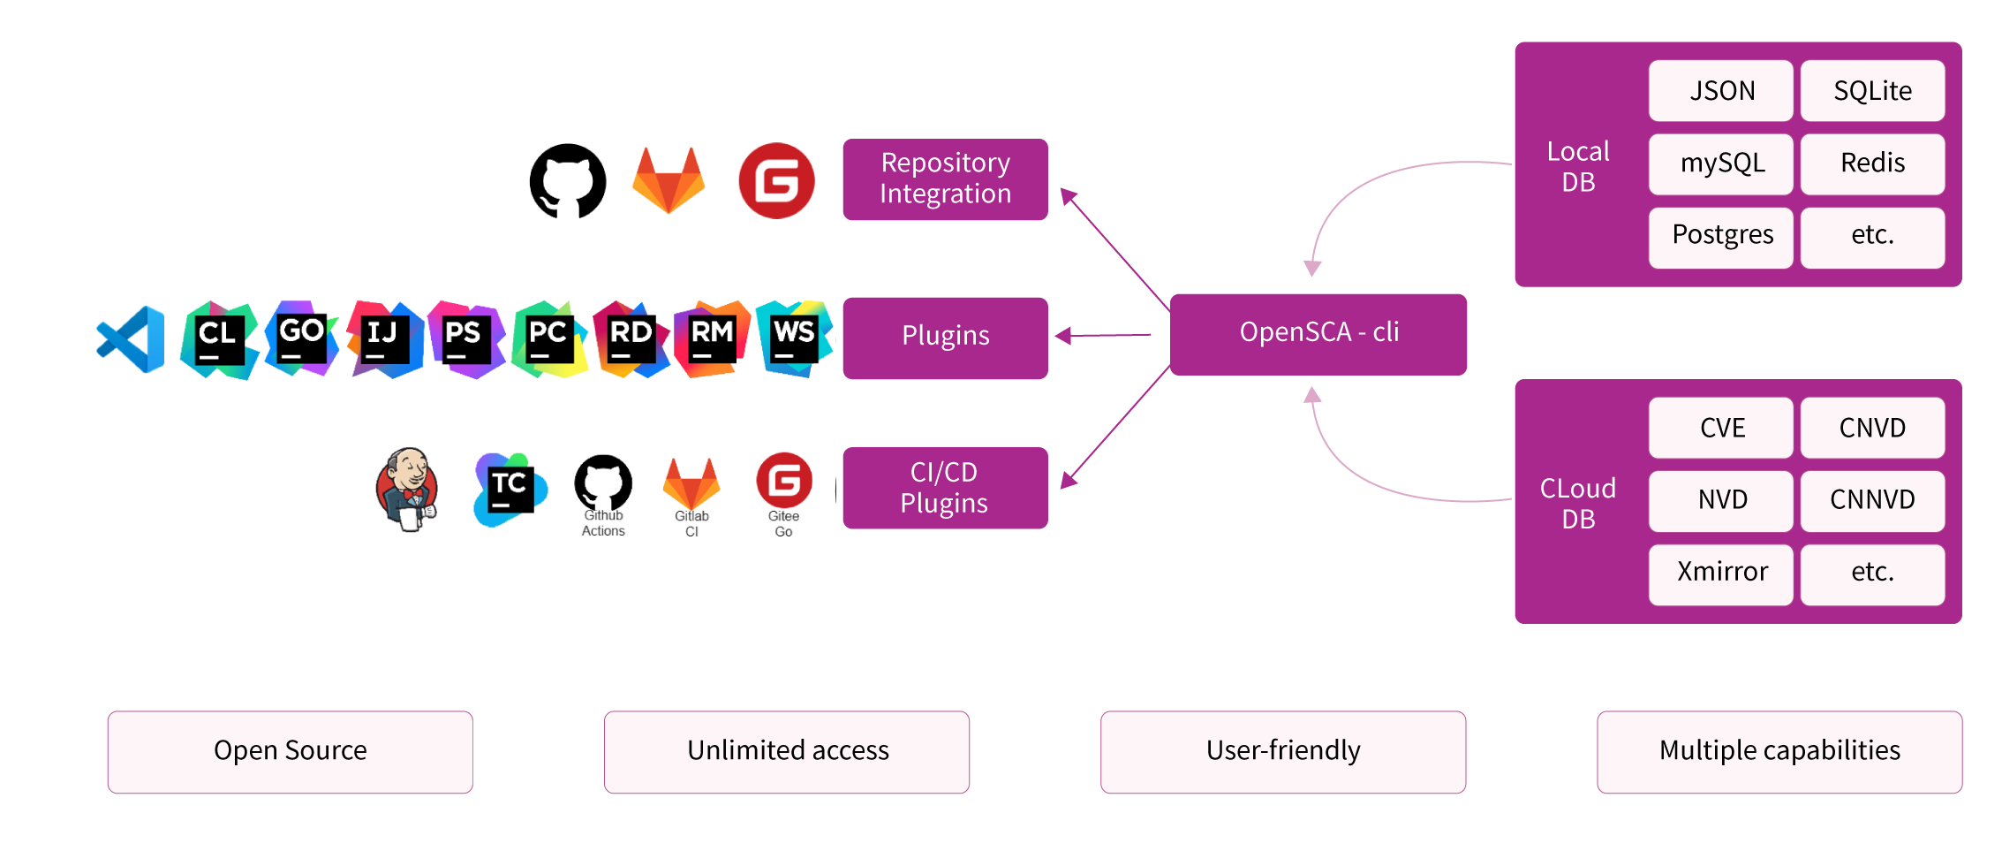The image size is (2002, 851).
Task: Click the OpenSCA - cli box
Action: [1318, 334]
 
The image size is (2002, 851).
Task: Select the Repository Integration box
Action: [945, 179]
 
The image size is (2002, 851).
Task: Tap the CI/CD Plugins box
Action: [945, 488]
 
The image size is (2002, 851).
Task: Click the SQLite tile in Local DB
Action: [1872, 90]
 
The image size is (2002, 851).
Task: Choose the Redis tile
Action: [1872, 163]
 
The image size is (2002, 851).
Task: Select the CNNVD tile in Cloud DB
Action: [1872, 500]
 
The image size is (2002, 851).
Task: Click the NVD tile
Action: [1721, 500]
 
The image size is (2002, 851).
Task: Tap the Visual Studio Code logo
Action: [132, 339]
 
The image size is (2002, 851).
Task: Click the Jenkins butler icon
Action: [407, 489]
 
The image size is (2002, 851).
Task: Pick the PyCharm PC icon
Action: [548, 339]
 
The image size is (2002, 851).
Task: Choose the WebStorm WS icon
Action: [794, 339]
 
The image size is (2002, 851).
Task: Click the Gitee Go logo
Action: [783, 482]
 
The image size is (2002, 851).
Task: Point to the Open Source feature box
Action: [290, 751]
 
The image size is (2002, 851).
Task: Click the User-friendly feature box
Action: [1282, 751]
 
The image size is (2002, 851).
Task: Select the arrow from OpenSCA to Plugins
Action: [1104, 336]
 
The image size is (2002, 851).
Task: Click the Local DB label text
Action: [1578, 166]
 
